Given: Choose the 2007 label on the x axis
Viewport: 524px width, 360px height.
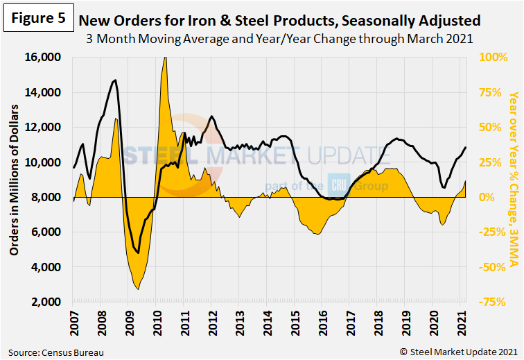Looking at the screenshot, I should pos(72,323).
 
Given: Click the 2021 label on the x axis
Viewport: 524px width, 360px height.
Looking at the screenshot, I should pos(462,323).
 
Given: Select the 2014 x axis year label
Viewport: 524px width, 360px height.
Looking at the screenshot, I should pos(267,323).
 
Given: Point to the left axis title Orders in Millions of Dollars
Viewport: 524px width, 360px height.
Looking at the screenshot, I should pos(13,180).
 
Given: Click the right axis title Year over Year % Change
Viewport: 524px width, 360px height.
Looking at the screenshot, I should pos(514,179).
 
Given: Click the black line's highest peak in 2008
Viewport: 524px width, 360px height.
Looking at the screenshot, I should pos(115,80).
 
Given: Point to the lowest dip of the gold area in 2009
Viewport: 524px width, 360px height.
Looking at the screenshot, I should pos(138,289).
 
